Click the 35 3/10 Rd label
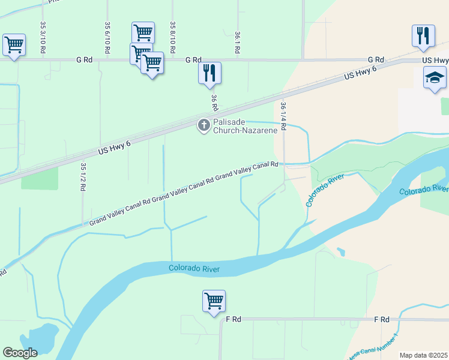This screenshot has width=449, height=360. point(43,38)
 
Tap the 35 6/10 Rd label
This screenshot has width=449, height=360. point(107,38)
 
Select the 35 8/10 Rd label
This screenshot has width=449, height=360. point(173,38)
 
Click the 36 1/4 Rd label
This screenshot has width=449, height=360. point(283,116)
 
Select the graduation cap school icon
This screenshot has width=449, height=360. point(435,77)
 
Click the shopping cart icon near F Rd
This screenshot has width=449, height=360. point(214,300)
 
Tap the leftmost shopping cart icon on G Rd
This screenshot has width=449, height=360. point(14,44)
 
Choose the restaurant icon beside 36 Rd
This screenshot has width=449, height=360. point(209,73)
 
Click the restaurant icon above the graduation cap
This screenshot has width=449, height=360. point(423,35)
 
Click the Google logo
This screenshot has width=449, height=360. point(20,353)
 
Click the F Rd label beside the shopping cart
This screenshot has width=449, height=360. point(233,320)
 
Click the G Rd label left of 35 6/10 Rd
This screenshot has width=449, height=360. point(85,60)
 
